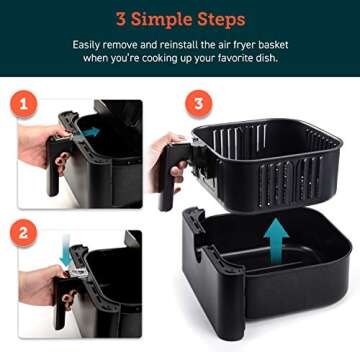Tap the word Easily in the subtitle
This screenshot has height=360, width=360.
click(88, 45)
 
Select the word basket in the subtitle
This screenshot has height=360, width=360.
click(271, 45)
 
